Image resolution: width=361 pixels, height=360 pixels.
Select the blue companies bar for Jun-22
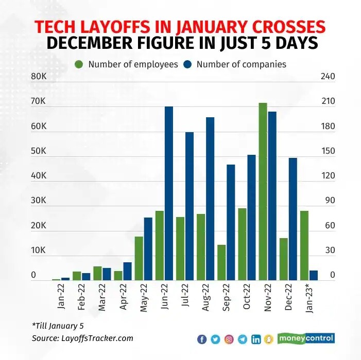point(169,193)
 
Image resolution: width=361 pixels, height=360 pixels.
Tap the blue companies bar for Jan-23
point(313,275)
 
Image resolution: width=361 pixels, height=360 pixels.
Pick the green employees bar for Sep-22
point(221,262)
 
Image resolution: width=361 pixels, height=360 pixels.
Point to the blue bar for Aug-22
point(210,199)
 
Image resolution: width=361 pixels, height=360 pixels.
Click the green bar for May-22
point(139,258)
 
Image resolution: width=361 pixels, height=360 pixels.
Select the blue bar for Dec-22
point(293,219)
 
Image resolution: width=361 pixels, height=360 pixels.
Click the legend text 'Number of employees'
point(133,64)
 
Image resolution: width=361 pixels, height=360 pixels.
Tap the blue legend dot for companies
point(188,64)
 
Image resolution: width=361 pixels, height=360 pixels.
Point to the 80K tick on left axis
point(39,77)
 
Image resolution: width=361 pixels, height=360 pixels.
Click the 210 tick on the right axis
point(329,101)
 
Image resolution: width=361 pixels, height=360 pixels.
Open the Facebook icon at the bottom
point(202,339)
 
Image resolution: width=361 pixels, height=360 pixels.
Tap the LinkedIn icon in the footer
point(256,339)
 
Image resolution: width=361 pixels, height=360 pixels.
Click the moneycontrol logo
point(306,338)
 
